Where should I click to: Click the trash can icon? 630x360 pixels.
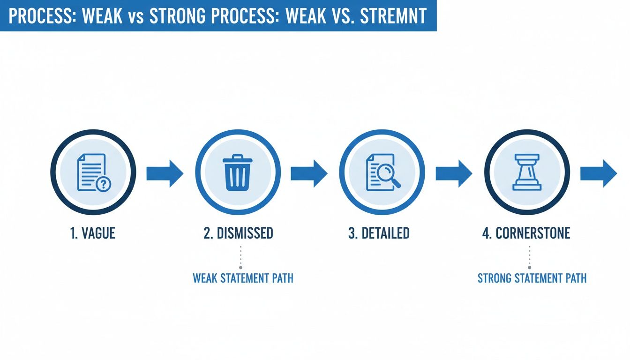(x=238, y=173)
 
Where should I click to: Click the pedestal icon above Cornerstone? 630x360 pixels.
(x=527, y=173)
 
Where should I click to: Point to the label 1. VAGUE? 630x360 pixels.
(x=93, y=233)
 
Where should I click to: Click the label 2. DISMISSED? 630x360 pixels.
(x=238, y=233)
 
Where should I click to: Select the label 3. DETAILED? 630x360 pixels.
(x=379, y=233)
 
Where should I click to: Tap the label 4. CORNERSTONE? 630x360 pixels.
(x=526, y=233)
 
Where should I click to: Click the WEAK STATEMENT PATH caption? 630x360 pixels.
(x=243, y=278)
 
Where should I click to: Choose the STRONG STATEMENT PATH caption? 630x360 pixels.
(x=532, y=278)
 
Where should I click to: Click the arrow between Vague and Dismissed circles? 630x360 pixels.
(x=165, y=173)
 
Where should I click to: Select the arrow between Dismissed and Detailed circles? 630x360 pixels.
(x=309, y=173)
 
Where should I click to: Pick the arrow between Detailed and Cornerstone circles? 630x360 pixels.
(x=454, y=173)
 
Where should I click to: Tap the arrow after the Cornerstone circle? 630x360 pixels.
(x=599, y=173)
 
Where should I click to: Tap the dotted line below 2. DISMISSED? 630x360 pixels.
(x=240, y=257)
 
